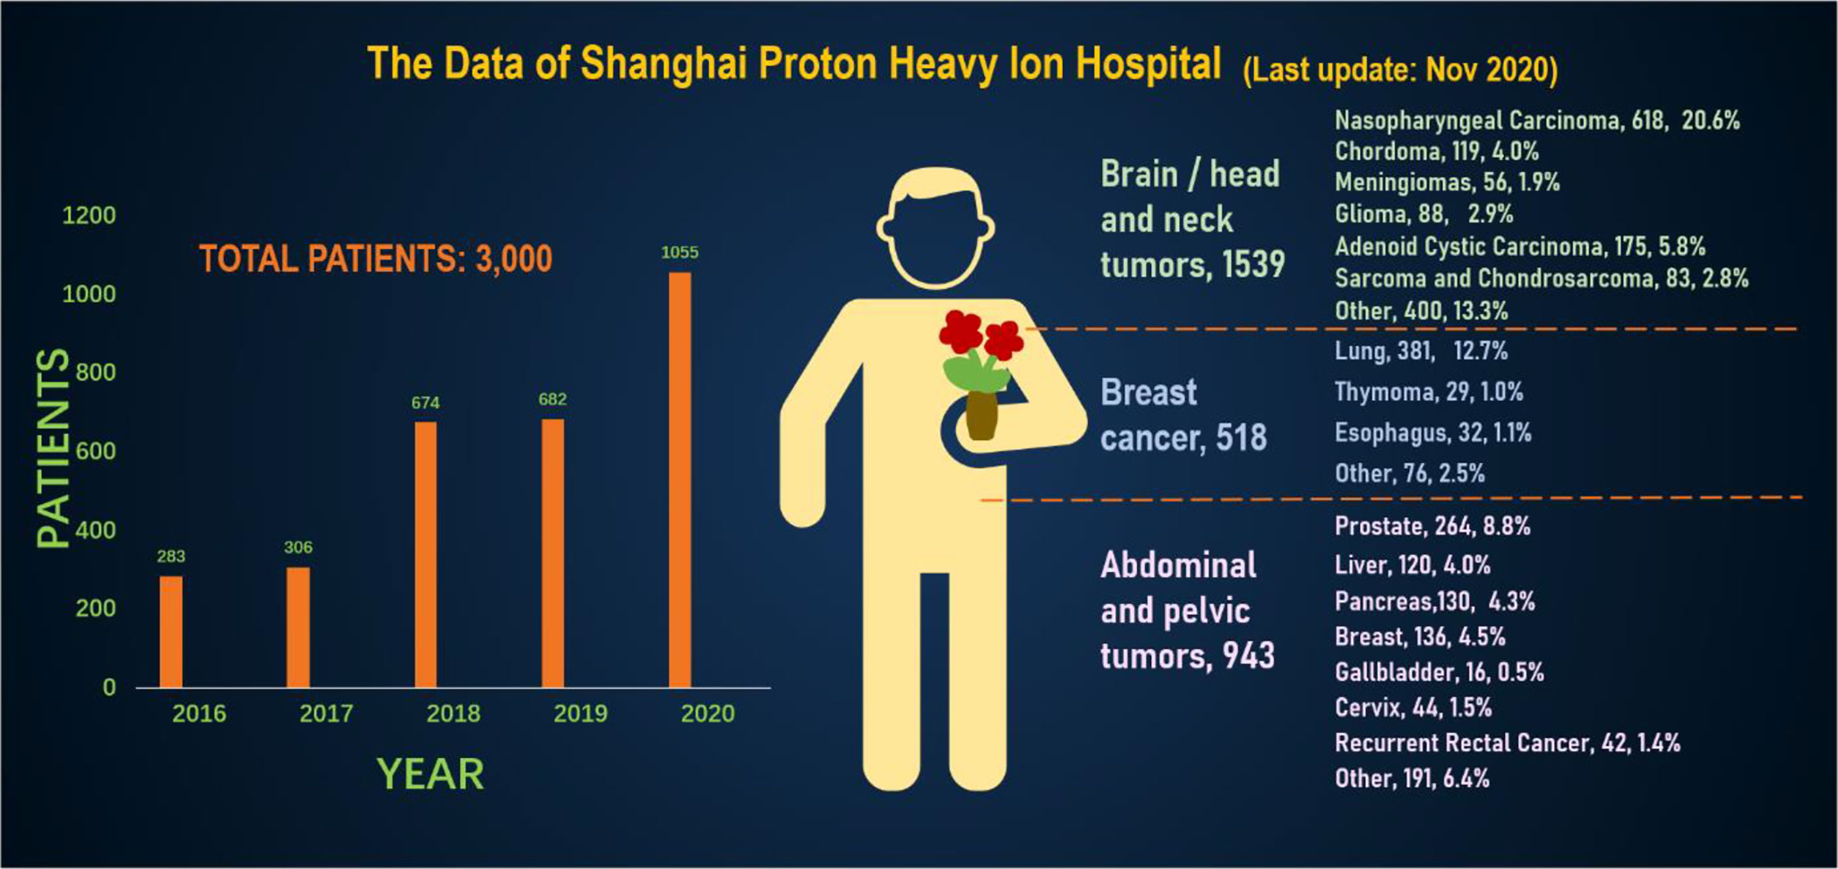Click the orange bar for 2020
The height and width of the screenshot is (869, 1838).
(x=679, y=479)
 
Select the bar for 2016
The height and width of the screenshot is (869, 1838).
(x=170, y=631)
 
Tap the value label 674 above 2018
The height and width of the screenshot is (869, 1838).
(x=425, y=403)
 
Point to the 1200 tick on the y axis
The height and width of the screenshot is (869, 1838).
(x=89, y=215)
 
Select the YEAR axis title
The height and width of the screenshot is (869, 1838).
(x=430, y=774)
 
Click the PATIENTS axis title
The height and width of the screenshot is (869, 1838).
(x=53, y=448)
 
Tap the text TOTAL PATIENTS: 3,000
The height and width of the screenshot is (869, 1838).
(x=375, y=259)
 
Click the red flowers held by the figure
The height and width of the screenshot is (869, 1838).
(x=982, y=335)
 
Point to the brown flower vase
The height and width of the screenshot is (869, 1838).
(x=982, y=415)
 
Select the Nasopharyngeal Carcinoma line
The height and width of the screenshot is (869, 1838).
(x=1538, y=121)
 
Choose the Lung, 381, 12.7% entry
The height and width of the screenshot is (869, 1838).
(x=1421, y=351)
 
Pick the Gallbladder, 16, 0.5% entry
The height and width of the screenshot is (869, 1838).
(x=1439, y=672)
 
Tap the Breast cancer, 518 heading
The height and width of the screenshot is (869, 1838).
(x=1184, y=415)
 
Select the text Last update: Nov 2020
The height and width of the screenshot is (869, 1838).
(x=1401, y=70)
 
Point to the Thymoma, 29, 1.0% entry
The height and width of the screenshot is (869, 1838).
(x=1429, y=392)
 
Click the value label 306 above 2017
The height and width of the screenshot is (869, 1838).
(x=298, y=547)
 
